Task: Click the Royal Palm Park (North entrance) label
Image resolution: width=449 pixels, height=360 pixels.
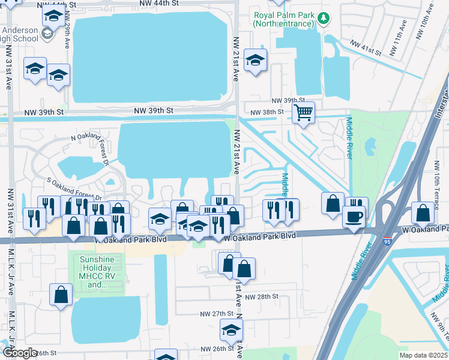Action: click(x=283, y=19)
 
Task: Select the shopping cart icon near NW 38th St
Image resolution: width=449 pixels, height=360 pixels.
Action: click(x=304, y=112)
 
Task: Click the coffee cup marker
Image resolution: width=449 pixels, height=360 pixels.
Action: click(x=354, y=215)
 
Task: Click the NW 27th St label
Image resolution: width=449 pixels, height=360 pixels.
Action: click(x=216, y=314)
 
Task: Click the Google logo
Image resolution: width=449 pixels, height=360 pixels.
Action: click(x=19, y=352)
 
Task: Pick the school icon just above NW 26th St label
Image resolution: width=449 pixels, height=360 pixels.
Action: click(x=231, y=329)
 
